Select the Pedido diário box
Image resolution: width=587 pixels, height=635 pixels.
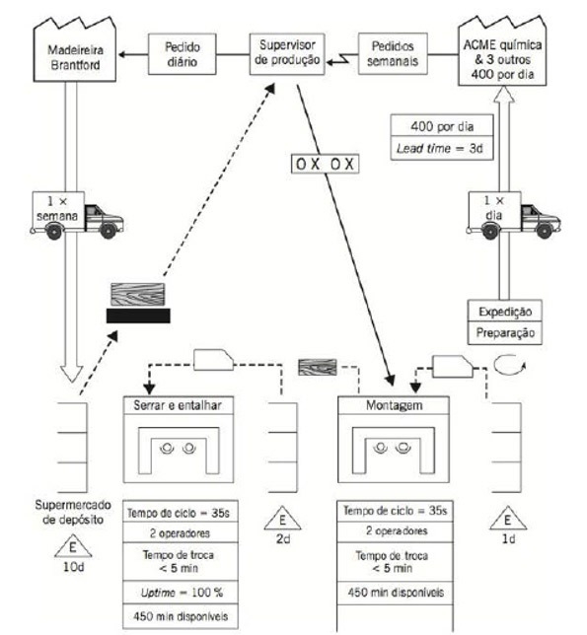[x=182, y=54]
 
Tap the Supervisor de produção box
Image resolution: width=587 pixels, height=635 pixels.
[x=287, y=54]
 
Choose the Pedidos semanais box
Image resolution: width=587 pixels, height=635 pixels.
[x=393, y=54]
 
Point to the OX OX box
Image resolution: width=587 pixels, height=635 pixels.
[x=325, y=164]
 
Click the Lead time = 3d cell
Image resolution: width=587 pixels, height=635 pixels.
[x=442, y=148]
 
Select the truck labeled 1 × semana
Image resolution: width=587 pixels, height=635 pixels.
[x=77, y=215]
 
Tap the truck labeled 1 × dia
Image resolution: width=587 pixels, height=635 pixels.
[x=514, y=215]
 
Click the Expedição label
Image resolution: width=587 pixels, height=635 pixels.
[x=505, y=312]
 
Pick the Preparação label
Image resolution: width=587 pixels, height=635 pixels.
[x=505, y=333]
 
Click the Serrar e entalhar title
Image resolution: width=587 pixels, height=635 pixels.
[x=178, y=405]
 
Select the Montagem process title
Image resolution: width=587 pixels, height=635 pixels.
[x=394, y=405]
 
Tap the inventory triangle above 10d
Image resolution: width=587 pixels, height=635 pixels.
[x=73, y=546]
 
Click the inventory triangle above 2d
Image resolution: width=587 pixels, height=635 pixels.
[x=282, y=519]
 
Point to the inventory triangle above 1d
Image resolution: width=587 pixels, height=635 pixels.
[x=508, y=519]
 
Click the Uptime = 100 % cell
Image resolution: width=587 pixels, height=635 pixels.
[x=181, y=593]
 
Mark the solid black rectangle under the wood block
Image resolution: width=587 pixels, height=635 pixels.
[x=138, y=316]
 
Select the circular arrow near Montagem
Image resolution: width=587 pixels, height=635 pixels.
[x=509, y=365]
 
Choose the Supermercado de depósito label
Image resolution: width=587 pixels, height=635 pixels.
[x=73, y=512]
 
